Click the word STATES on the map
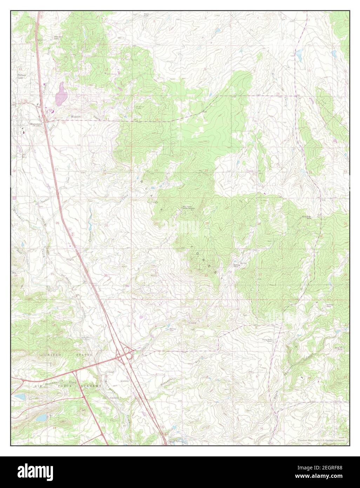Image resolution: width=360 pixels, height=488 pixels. [x=84, y=355]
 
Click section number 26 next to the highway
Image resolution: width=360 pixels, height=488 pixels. [x=57, y=223]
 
